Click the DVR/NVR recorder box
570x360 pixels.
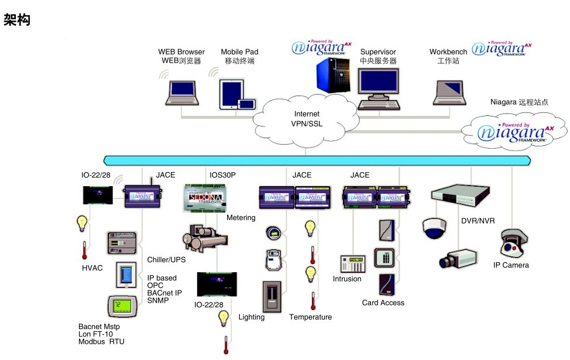pyautogui.click(x=459, y=193)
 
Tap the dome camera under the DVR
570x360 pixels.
pyautogui.click(x=435, y=228)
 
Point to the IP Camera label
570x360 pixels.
pyautogui.click(x=511, y=265)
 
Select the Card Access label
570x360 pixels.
pyautogui.click(x=383, y=303)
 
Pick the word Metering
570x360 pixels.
pyautogui.click(x=241, y=218)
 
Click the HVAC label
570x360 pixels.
pyautogui.click(x=92, y=268)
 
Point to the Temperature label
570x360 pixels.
pyautogui.click(x=310, y=317)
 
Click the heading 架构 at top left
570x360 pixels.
pyautogui.click(x=17, y=21)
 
